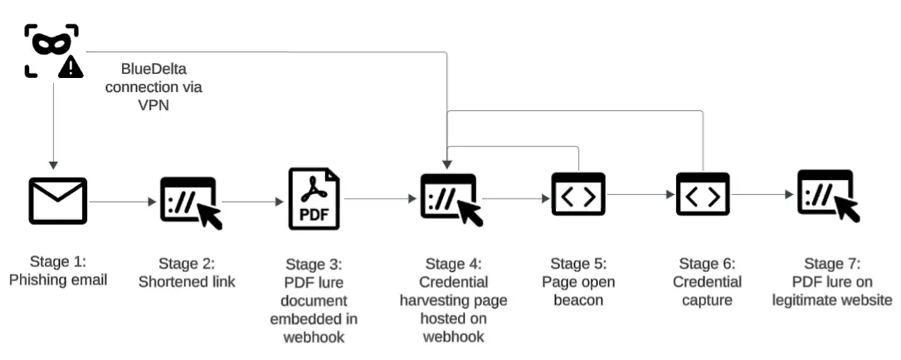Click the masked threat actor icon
click(51, 49)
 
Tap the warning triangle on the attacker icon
click(71, 67)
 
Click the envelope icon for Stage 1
click(58, 201)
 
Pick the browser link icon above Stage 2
click(192, 201)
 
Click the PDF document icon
click(314, 199)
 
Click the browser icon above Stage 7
click(827, 196)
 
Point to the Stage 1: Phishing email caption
click(58, 272)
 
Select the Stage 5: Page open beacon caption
click(578, 282)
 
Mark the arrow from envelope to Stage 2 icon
click(122, 201)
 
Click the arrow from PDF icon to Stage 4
click(377, 199)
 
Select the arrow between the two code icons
click(640, 195)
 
